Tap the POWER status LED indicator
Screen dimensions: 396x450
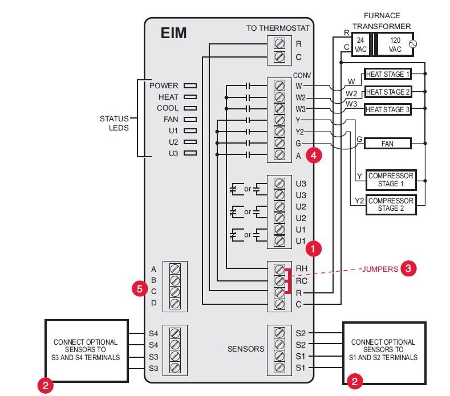190,86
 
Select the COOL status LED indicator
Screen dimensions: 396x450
190,108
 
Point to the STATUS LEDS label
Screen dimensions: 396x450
114,123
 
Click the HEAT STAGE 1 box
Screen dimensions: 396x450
387,75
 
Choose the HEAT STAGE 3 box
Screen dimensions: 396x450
387,109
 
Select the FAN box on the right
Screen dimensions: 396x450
387,144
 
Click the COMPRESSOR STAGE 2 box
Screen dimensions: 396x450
391,205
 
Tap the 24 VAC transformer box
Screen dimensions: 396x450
361,44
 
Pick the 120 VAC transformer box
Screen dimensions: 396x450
395,44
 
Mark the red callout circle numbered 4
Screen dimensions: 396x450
314,155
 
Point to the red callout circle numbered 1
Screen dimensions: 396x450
314,248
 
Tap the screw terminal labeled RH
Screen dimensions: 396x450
279,270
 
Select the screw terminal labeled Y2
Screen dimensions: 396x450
279,132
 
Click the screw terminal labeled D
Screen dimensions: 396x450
175,303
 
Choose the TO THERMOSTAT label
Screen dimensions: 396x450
277,28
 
